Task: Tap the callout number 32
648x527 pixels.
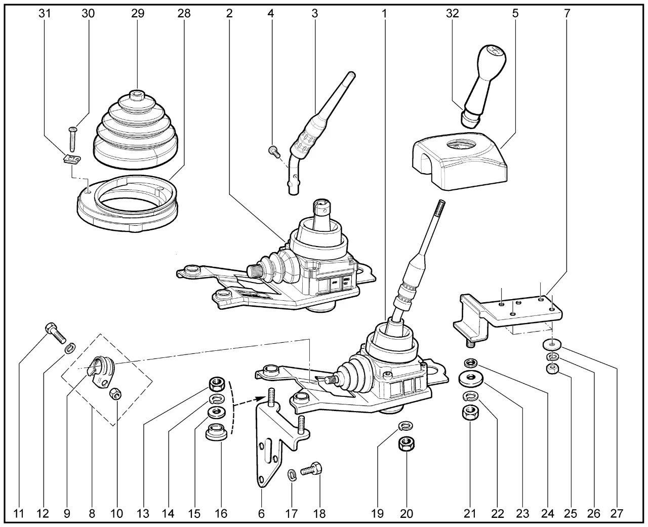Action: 452,14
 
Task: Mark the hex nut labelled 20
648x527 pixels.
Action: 406,443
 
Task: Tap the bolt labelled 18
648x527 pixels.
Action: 311,469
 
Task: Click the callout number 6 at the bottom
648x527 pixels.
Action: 261,514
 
